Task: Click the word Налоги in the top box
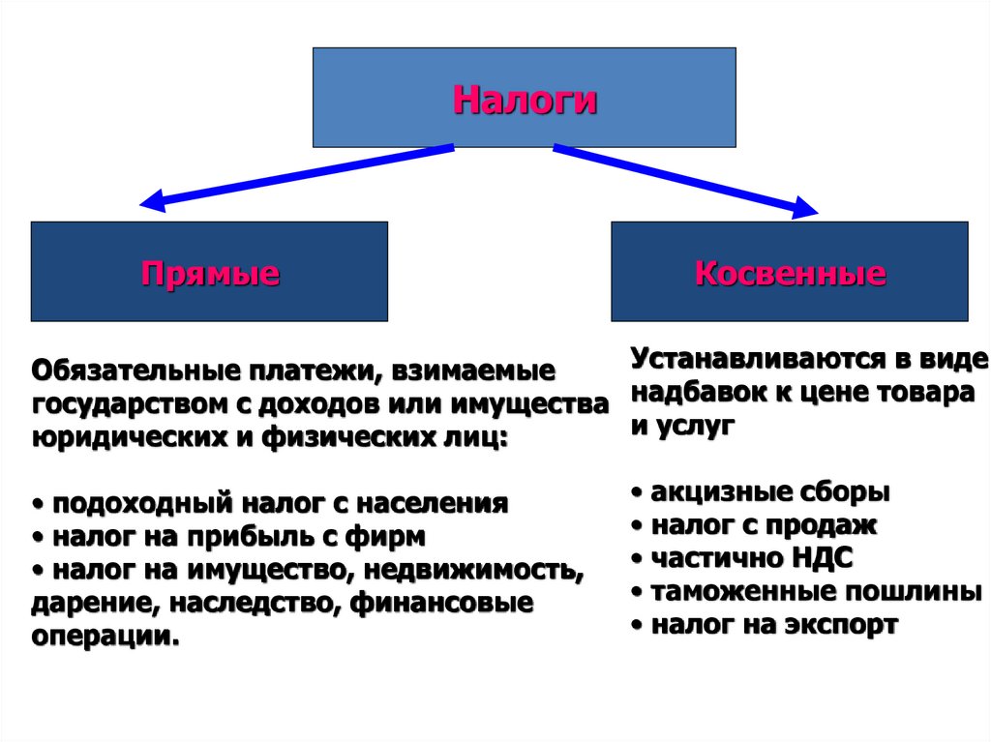524,101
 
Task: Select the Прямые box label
210,273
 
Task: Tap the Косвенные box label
790,273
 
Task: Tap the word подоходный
130,504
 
